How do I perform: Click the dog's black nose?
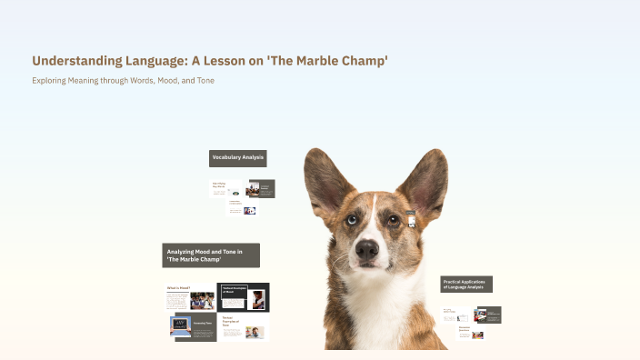pyautogui.click(x=367, y=248)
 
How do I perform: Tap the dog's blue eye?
pyautogui.click(x=352, y=219)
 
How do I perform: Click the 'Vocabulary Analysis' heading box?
pyautogui.click(x=237, y=158)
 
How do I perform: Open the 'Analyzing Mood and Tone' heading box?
pyautogui.click(x=211, y=255)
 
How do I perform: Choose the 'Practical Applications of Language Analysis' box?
pyautogui.click(x=466, y=285)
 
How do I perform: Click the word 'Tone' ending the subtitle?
pyautogui.click(x=205, y=81)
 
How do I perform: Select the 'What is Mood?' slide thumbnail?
pyautogui.click(x=190, y=297)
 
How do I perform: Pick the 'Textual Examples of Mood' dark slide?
pyautogui.click(x=244, y=297)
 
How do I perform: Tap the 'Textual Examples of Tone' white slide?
pyautogui.click(x=243, y=328)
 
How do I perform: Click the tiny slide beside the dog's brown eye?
pyautogui.click(x=411, y=219)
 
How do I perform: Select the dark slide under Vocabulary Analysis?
pyautogui.click(x=261, y=188)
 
